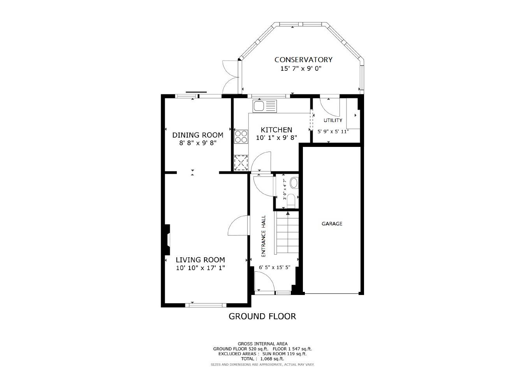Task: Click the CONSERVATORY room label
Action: click(303, 59)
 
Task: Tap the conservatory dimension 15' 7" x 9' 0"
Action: click(301, 69)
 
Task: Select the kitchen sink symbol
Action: click(265, 106)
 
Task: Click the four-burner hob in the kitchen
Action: click(241, 136)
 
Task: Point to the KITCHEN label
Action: click(276, 130)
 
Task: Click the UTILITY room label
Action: click(333, 120)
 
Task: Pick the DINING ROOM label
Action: click(197, 135)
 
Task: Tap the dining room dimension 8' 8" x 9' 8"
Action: click(197, 143)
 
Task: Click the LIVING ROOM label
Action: click(200, 260)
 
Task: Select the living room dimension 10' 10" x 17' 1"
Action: click(200, 268)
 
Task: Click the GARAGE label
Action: click(332, 223)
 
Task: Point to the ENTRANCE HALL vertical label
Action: click(263, 236)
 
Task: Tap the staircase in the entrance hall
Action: click(287, 233)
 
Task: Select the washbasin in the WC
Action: click(294, 182)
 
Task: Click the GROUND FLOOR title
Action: click(262, 316)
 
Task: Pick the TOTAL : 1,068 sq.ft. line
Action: click(262, 359)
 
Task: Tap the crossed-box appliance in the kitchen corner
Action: click(241, 162)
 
